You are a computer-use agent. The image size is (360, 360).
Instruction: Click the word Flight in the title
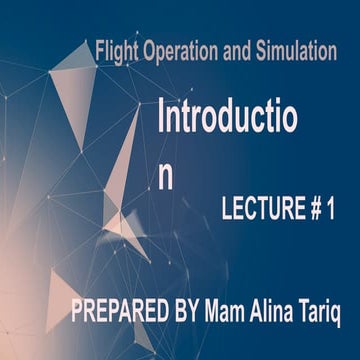coord(113,51)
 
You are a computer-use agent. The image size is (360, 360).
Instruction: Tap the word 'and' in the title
coord(239,51)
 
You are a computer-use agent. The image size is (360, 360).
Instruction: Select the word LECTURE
coord(260,210)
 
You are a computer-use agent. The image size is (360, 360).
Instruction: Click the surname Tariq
coord(324,314)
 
